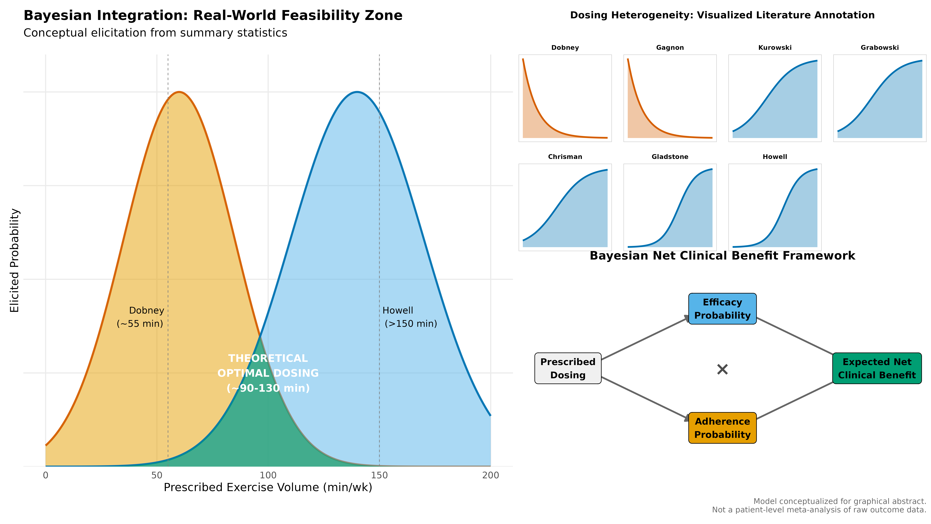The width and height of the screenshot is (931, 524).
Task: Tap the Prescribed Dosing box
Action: (x=568, y=368)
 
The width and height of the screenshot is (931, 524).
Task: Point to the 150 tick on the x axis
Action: (x=379, y=475)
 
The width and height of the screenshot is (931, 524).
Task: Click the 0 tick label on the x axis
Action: (x=46, y=475)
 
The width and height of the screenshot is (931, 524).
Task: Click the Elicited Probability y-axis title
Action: (x=14, y=260)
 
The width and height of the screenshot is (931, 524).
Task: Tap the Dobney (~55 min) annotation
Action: (x=140, y=317)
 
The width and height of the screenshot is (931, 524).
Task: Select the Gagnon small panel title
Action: (x=670, y=48)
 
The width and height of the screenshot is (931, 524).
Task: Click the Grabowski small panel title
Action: (x=880, y=48)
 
